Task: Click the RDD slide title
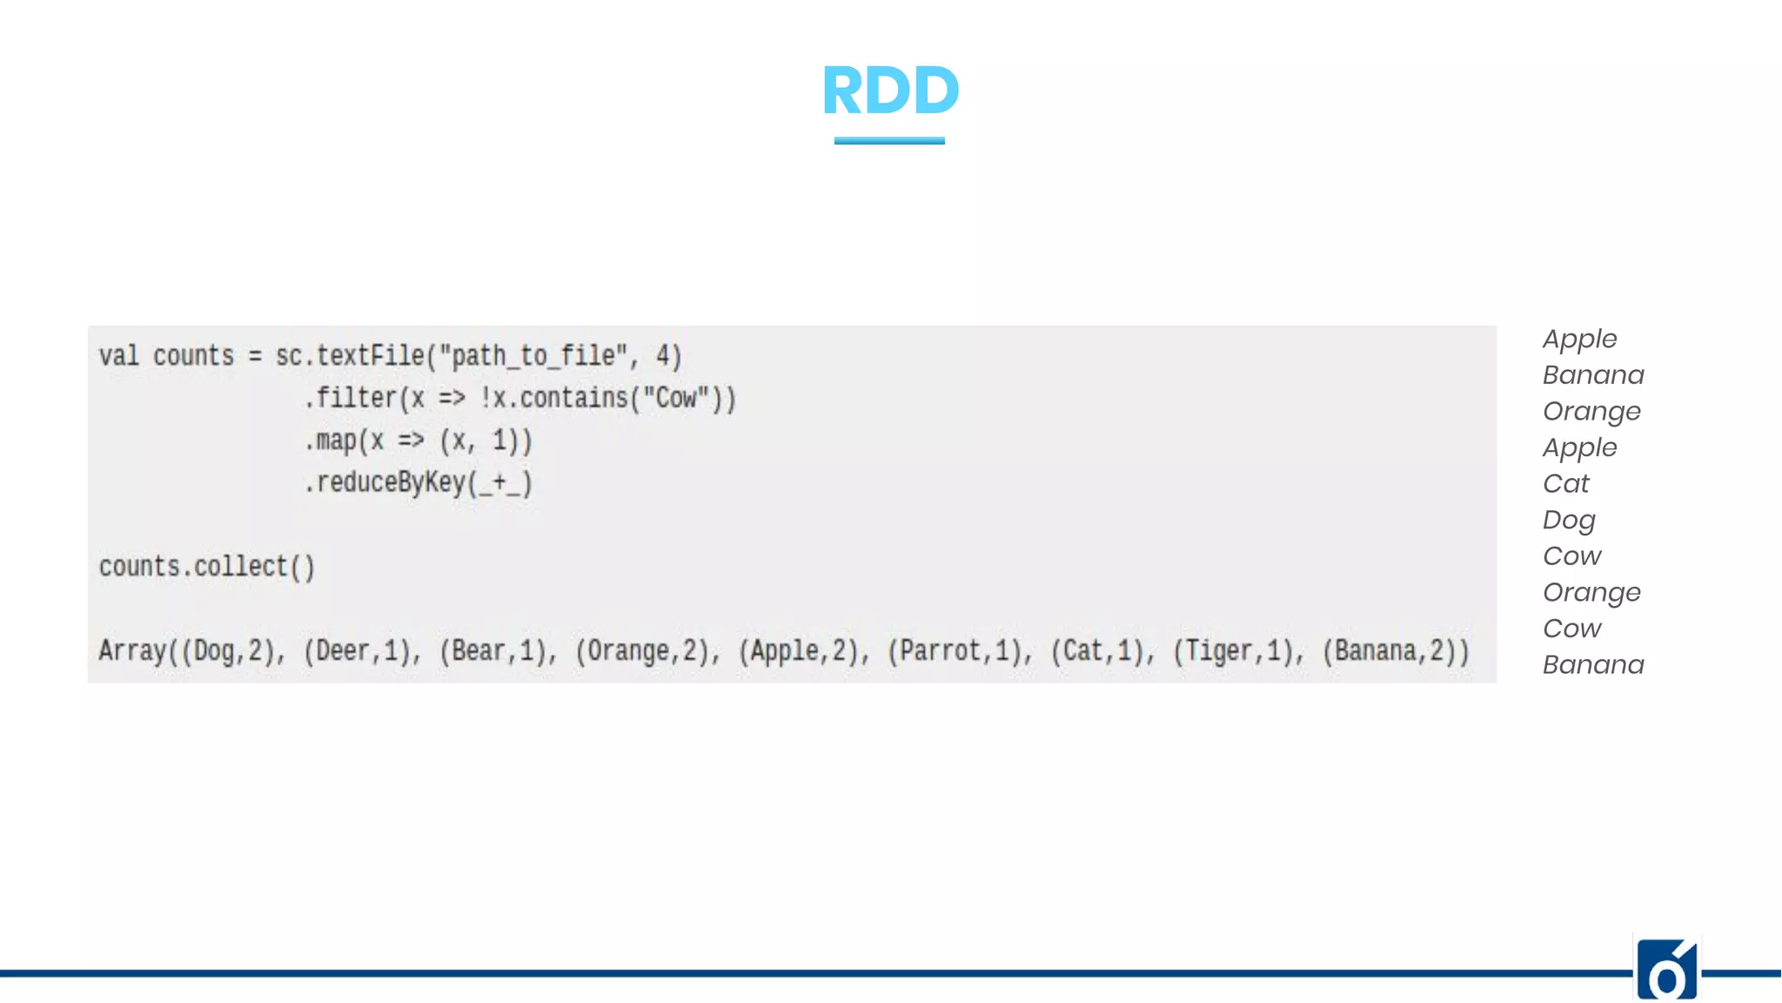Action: coord(890,91)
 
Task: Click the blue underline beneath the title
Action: coord(889,140)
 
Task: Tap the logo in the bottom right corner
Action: coord(1667,970)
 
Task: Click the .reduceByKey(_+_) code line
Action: coord(418,482)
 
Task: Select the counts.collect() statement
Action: coord(207,567)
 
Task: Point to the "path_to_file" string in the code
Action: coord(533,356)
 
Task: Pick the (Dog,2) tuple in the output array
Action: coord(231,651)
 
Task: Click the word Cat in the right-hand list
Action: coord(1565,483)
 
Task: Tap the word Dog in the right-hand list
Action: coord(1569,520)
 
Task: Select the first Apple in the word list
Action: coord(1579,339)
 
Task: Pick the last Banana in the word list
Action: coord(1592,665)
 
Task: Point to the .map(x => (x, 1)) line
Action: coord(418,441)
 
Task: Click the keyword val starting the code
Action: coord(118,356)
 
